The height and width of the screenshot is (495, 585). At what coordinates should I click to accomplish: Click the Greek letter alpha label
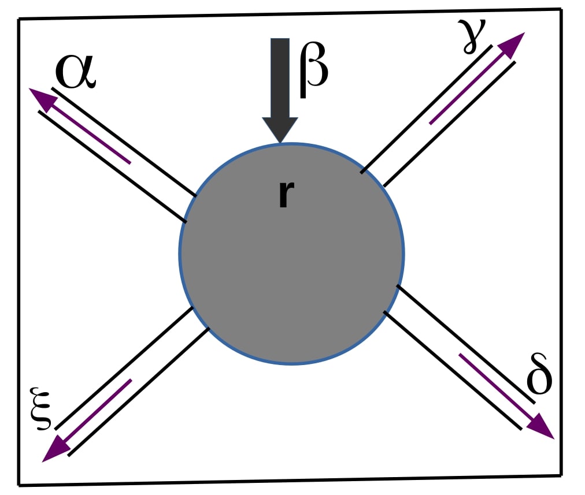(75, 72)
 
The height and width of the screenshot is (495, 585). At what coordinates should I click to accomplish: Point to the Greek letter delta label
(539, 378)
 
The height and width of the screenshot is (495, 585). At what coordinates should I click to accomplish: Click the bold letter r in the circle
(283, 194)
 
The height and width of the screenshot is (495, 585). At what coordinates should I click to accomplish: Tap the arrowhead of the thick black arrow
(280, 130)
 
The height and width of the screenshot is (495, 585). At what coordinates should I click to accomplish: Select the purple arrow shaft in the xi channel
(98, 411)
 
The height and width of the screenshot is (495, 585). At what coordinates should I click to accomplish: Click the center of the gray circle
(291, 254)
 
